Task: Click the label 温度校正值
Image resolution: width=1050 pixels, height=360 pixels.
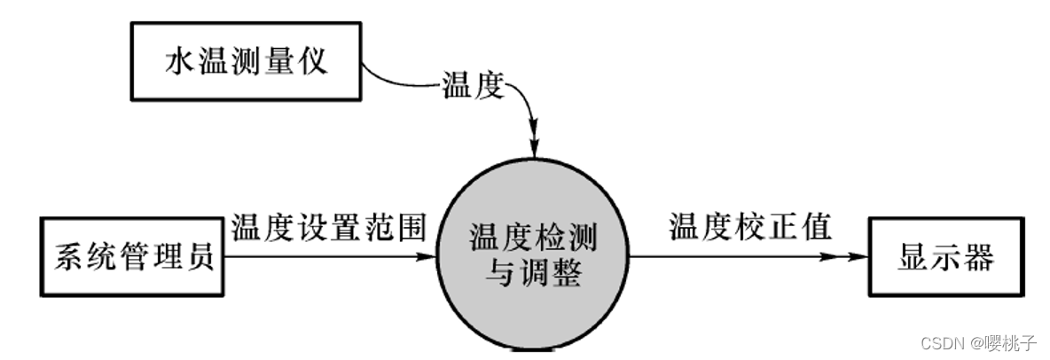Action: (750, 227)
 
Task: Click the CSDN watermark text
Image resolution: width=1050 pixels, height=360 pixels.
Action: (942, 342)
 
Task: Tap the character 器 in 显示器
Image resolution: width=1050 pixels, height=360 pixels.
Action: (979, 258)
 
